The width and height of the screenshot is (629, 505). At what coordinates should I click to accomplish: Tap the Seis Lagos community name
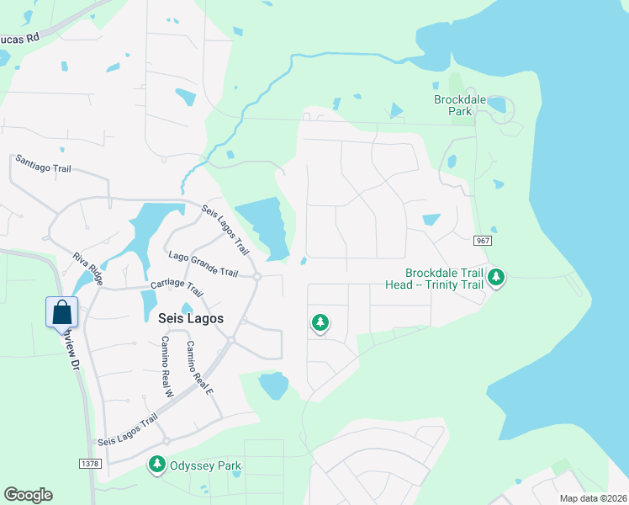pyautogui.click(x=190, y=317)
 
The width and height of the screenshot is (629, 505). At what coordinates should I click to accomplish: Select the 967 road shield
pyautogui.click(x=482, y=241)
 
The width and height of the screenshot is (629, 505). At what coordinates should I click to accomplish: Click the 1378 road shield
pyautogui.click(x=90, y=464)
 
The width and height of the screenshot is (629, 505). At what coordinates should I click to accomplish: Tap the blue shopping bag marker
pyautogui.click(x=62, y=312)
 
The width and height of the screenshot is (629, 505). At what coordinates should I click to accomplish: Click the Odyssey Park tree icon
pyautogui.click(x=157, y=464)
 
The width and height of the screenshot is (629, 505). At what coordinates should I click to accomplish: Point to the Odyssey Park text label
pyautogui.click(x=206, y=465)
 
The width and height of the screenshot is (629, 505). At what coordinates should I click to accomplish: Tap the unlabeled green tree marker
pyautogui.click(x=320, y=322)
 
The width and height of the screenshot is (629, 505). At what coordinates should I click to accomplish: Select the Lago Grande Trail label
pyautogui.click(x=203, y=263)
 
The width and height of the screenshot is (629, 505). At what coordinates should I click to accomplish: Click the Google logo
pyautogui.click(x=28, y=495)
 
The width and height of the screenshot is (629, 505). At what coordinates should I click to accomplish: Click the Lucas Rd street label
pyautogui.click(x=19, y=39)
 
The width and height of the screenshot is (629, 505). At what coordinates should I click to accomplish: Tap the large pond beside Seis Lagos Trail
pyautogui.click(x=265, y=223)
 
